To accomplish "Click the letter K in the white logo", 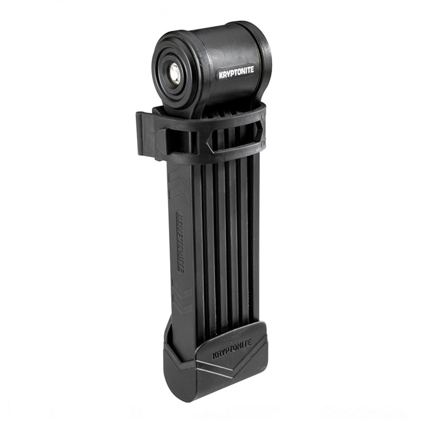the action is (221, 75).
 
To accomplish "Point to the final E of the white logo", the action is (252, 69).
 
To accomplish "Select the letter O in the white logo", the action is (238, 72).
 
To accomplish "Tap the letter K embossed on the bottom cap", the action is (215, 356).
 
